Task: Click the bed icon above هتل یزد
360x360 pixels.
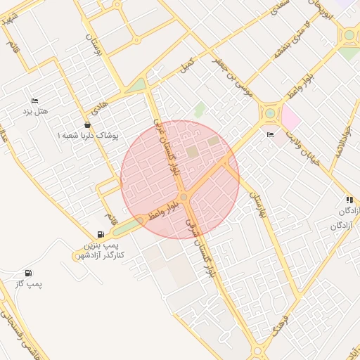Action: coord(35,101)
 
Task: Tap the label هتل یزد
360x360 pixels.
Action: coord(34,112)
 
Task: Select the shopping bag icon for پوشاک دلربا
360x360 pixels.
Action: coord(87,124)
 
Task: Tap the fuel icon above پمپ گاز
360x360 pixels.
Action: coord(28,273)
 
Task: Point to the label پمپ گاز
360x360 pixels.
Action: coord(29,283)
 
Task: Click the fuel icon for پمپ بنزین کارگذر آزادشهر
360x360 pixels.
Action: coord(101,235)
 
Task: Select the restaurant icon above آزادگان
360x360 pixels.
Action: coord(349,200)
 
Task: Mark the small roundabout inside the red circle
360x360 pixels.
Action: coord(183,198)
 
